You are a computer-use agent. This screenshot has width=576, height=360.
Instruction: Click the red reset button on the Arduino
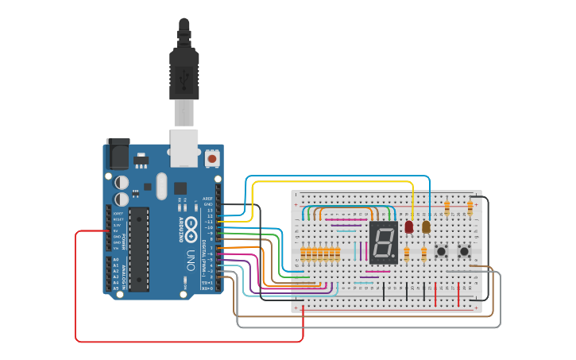[212, 158]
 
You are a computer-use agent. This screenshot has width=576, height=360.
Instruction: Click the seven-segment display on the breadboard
[383, 243]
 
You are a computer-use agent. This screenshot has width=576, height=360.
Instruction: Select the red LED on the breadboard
[409, 226]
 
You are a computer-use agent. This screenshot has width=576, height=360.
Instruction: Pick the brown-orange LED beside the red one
[427, 226]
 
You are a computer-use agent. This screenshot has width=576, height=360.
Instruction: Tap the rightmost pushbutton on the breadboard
[464, 251]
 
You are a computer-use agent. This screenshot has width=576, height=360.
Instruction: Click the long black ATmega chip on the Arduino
[139, 249]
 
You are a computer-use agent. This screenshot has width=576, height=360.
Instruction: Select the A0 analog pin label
[116, 260]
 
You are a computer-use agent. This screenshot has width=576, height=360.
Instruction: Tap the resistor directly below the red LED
[407, 254]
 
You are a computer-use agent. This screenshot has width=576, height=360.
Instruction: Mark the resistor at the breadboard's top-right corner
[470, 207]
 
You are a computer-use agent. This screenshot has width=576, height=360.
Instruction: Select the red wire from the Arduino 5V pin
[76, 286]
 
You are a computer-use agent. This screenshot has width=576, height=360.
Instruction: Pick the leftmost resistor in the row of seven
[303, 254]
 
